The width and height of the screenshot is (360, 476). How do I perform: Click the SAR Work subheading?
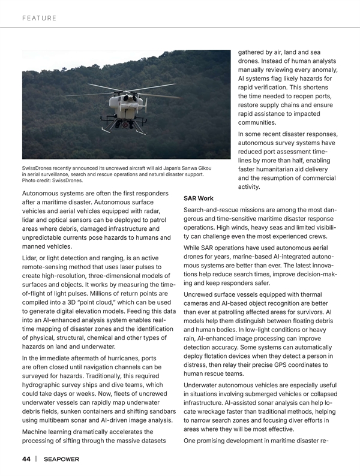tap(198, 198)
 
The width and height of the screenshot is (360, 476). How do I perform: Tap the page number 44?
tap(26, 459)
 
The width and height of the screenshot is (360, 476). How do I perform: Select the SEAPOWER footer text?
tap(61, 459)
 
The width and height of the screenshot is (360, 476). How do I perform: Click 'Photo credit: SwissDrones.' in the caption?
tap(52, 180)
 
